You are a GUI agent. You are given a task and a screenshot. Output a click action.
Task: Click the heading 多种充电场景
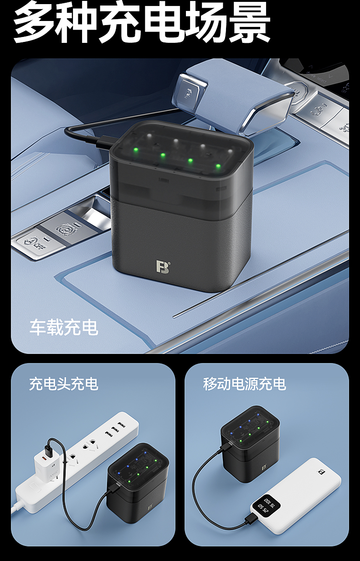click(142, 21)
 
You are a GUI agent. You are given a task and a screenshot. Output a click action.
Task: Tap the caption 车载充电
click(64, 327)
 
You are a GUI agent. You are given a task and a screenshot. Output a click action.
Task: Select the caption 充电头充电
click(64, 384)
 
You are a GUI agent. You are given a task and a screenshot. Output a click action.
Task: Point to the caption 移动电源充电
click(244, 384)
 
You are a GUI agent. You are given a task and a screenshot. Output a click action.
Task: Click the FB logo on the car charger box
click(163, 266)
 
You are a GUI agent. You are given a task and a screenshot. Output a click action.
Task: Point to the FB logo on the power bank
click(321, 472)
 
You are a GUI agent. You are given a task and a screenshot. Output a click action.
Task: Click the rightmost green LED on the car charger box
click(218, 166)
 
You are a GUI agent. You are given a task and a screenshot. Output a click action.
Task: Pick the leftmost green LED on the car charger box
click(136, 150)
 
